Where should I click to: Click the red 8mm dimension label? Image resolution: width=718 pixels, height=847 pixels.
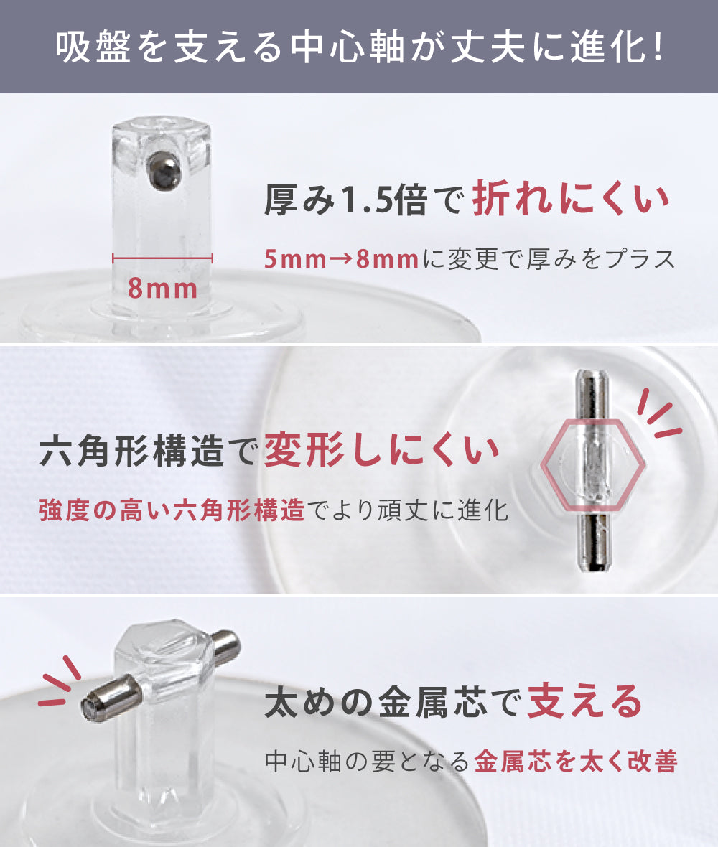(162, 289)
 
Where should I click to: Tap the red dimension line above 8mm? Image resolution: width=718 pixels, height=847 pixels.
(162, 258)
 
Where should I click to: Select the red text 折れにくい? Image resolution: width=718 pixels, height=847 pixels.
(571, 200)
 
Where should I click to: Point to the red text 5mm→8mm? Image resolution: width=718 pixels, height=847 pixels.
(342, 259)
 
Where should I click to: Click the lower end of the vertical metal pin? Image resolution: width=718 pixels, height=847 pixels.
(592, 566)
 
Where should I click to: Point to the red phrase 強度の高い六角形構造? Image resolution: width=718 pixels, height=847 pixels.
(172, 510)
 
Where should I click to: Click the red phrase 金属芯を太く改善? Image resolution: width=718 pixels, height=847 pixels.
(576, 762)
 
